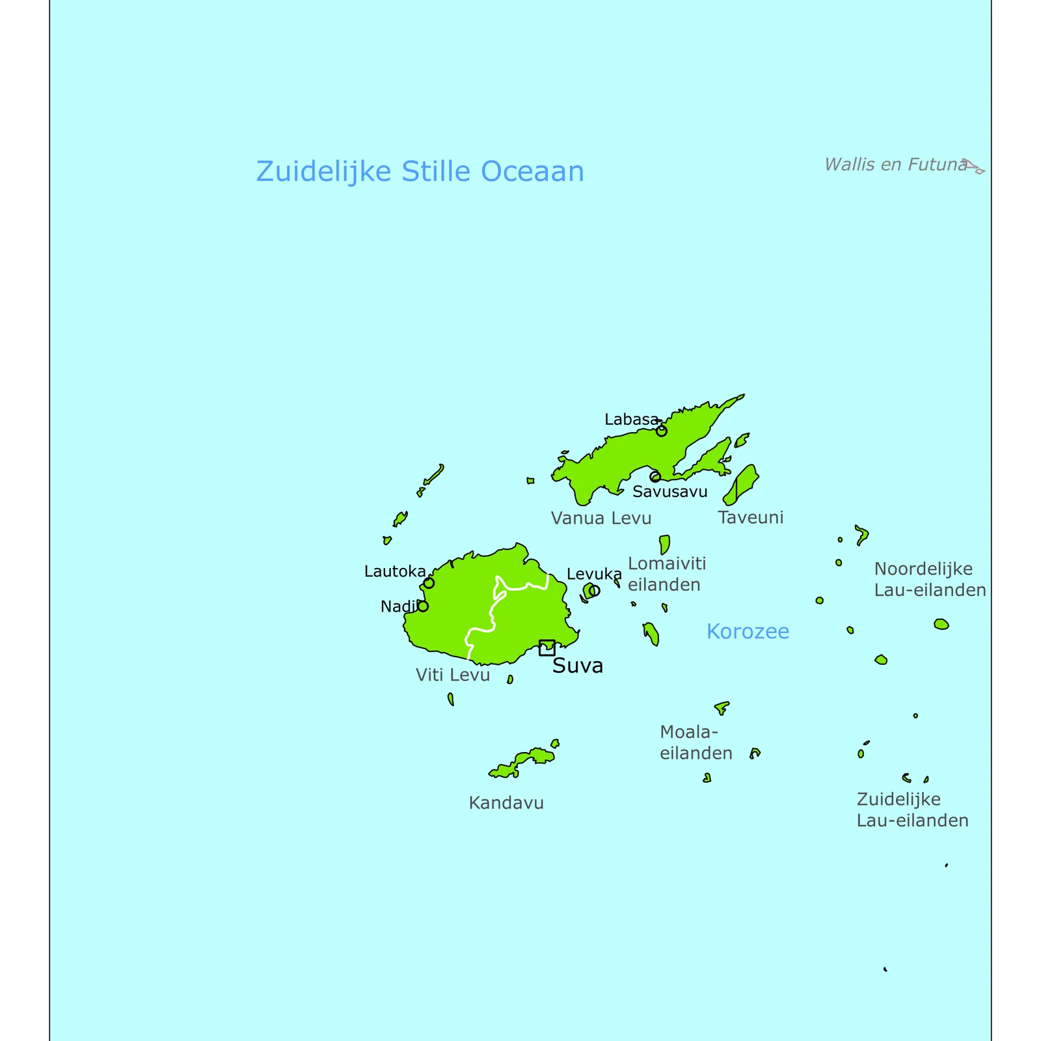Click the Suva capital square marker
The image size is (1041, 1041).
coord(547,647)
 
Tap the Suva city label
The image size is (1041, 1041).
coord(578,666)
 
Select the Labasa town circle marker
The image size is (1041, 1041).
coord(661,431)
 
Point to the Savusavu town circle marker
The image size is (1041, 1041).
coord(655,477)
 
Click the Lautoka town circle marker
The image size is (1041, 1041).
coord(429,583)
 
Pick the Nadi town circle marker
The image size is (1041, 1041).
coord(423,606)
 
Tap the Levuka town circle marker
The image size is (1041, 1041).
coord(594,591)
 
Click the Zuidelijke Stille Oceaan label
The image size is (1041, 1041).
coord(420,172)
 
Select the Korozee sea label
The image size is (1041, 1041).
coord(748,631)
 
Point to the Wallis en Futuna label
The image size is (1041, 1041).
coord(895,165)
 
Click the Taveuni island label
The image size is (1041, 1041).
coord(751,518)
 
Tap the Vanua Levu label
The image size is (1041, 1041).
coord(601,519)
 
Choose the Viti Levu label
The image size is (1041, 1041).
coord(452,675)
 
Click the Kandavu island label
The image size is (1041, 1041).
coord(506,803)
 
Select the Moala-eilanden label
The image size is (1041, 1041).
coord(696,742)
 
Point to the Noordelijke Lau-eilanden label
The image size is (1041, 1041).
coord(930,579)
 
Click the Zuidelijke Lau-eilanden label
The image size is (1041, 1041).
coord(912,809)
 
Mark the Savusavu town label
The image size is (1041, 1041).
coord(669,492)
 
